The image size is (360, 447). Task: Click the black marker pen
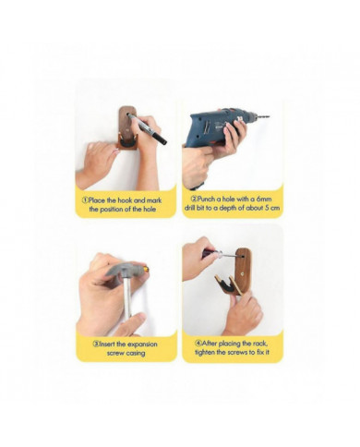(x=147, y=128)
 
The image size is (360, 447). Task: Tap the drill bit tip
(x=270, y=116)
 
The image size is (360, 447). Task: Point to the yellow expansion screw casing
(x=147, y=270)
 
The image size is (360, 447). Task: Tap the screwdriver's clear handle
(x=219, y=254)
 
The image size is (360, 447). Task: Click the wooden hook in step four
(x=237, y=272)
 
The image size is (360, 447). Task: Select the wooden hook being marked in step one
(x=127, y=127)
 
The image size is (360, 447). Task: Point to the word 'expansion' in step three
(x=142, y=344)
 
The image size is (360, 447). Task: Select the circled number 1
(x=85, y=200)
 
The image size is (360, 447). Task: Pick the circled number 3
(x=96, y=344)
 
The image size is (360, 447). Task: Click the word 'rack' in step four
(x=259, y=344)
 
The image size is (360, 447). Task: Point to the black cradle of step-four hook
(x=228, y=284)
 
